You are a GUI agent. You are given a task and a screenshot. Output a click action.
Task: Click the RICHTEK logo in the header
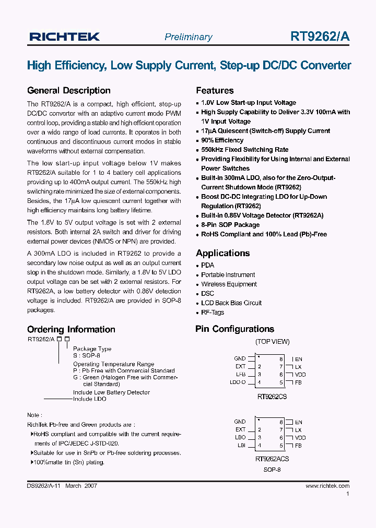(x=64, y=37)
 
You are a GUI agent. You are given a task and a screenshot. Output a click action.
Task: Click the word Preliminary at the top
(x=188, y=37)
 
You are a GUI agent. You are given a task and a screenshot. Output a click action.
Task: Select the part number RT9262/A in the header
(x=320, y=37)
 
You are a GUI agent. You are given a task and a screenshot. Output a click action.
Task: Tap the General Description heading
(x=68, y=90)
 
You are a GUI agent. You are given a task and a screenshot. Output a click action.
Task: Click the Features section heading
(x=215, y=90)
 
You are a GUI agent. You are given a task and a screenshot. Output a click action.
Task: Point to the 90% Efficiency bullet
(x=222, y=140)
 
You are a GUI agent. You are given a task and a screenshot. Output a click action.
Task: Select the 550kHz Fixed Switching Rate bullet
(x=244, y=150)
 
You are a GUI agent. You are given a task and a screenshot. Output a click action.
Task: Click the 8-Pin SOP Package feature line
(x=230, y=225)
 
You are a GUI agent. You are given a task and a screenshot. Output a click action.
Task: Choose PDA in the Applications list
(x=207, y=265)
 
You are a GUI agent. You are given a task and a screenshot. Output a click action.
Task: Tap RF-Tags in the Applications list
(x=213, y=313)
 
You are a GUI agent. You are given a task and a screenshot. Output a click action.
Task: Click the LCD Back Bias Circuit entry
(x=231, y=303)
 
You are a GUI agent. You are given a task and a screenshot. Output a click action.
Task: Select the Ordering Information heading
(x=71, y=329)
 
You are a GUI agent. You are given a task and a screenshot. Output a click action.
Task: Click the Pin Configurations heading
(x=234, y=329)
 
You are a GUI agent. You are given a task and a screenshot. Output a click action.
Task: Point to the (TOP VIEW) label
(x=272, y=342)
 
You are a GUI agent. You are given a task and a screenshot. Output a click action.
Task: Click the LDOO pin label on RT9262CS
(x=238, y=382)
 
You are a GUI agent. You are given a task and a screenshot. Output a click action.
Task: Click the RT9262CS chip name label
(x=272, y=397)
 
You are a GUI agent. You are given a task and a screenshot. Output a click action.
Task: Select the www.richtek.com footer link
(x=327, y=486)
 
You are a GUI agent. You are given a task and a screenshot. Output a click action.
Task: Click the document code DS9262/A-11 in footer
(x=44, y=486)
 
